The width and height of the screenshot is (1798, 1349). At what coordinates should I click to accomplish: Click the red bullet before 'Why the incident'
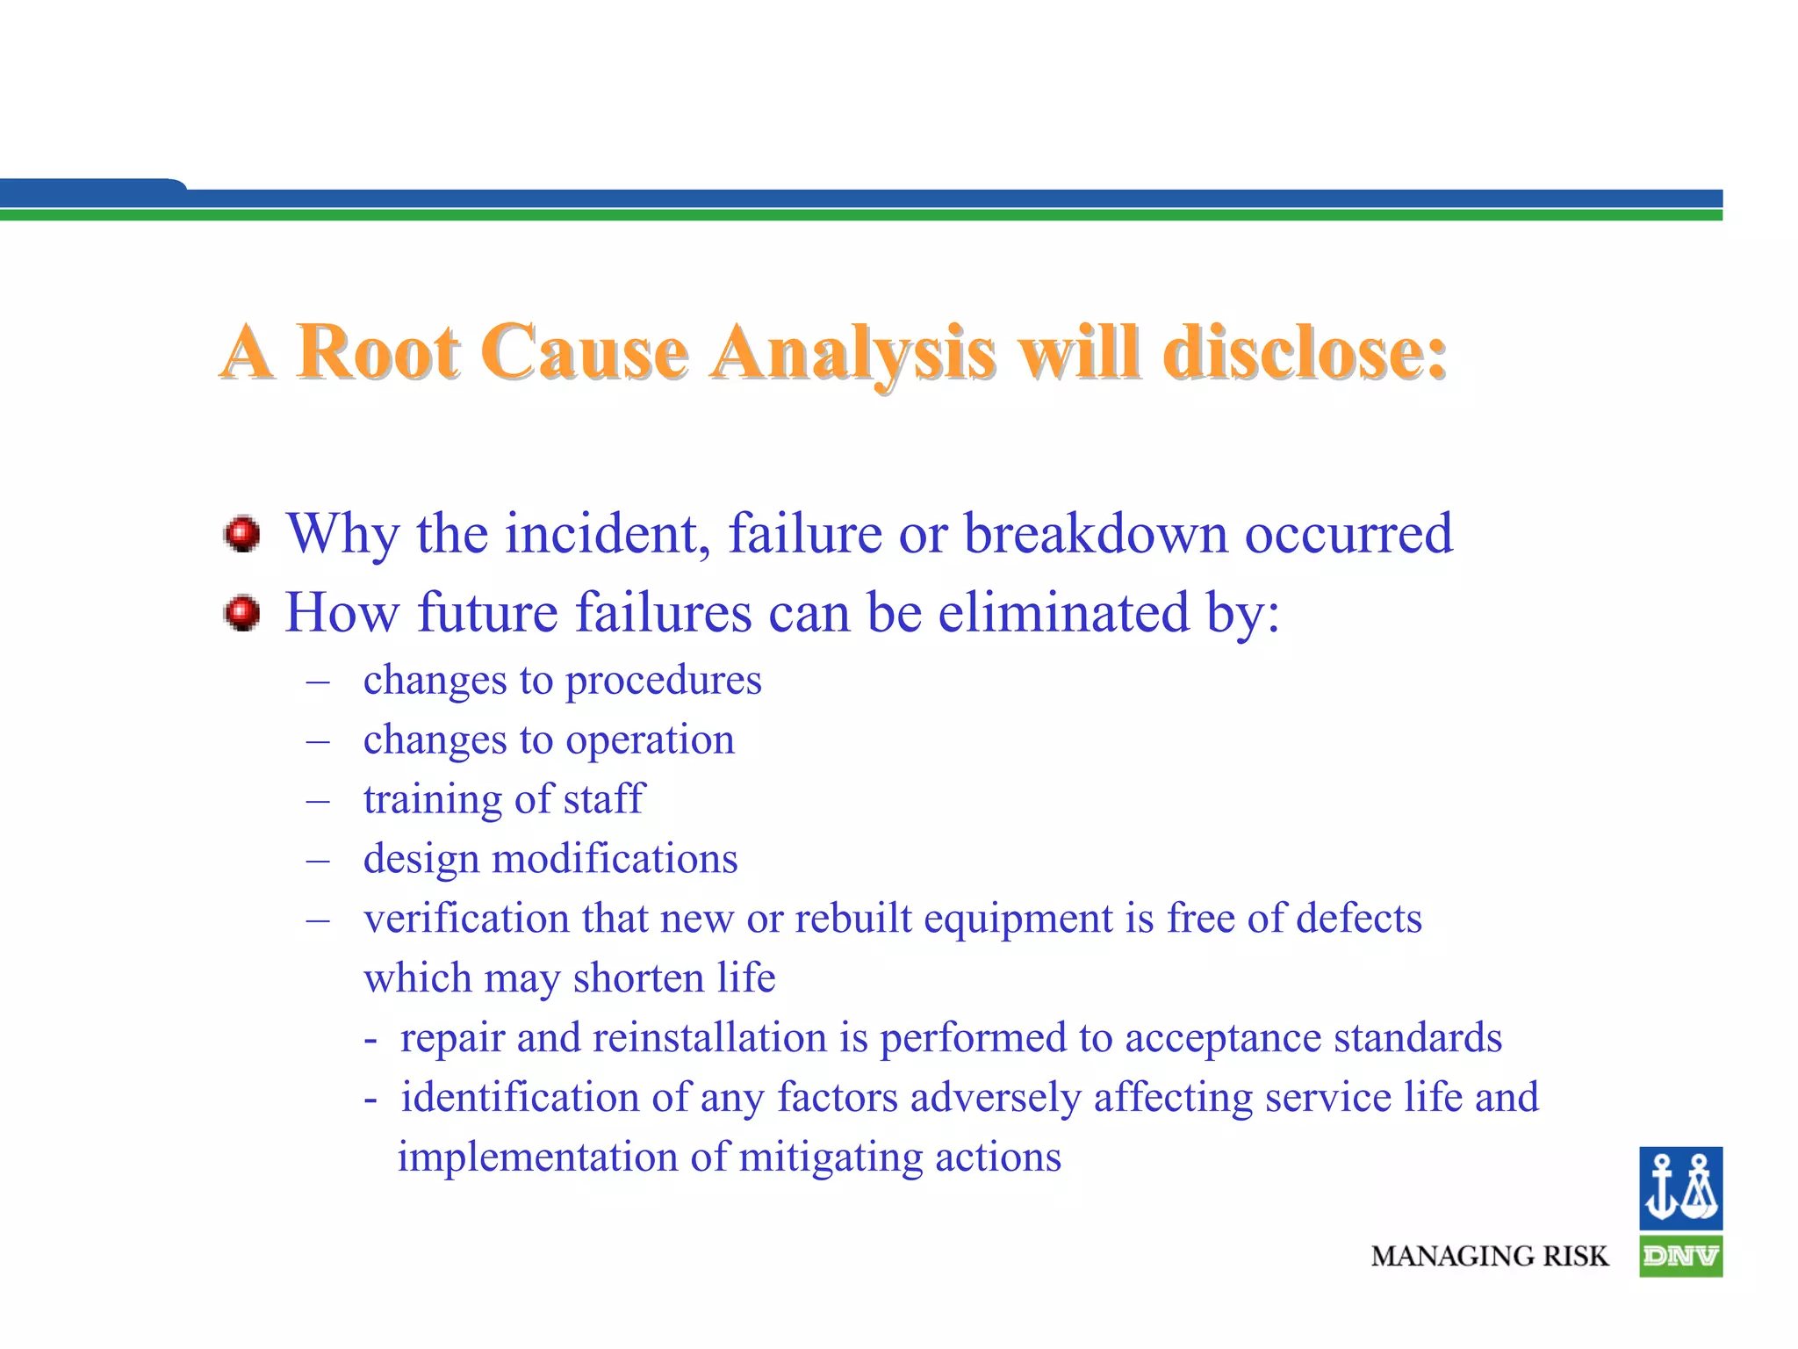tap(241, 534)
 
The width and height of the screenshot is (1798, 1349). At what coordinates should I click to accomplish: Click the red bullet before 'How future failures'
tap(241, 612)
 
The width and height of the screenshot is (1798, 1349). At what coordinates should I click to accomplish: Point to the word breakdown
tap(1096, 533)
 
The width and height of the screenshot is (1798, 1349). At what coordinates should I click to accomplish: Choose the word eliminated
tap(1063, 612)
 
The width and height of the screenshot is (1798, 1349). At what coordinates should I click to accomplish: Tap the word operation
tap(650, 740)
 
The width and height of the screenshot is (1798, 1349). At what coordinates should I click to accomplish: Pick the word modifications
tap(615, 859)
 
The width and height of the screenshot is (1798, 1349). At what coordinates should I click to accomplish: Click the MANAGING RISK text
tap(1489, 1257)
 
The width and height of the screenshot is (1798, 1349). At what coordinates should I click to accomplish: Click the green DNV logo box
tap(1680, 1257)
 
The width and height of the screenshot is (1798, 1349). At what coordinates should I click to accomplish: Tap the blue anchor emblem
tap(1680, 1187)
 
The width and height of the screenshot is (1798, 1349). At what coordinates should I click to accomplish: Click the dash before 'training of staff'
tap(318, 800)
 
